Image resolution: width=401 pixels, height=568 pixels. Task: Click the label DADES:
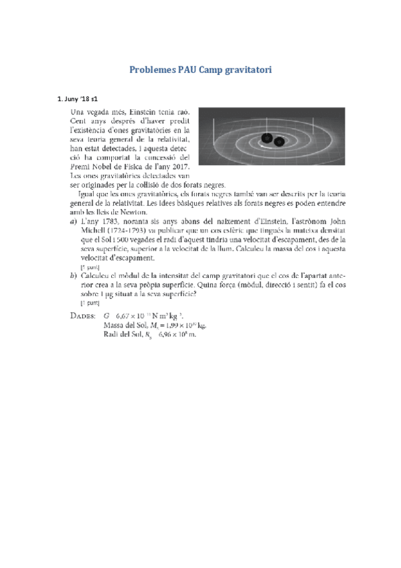click(x=84, y=315)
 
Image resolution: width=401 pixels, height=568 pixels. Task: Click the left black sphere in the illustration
click(x=267, y=139)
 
